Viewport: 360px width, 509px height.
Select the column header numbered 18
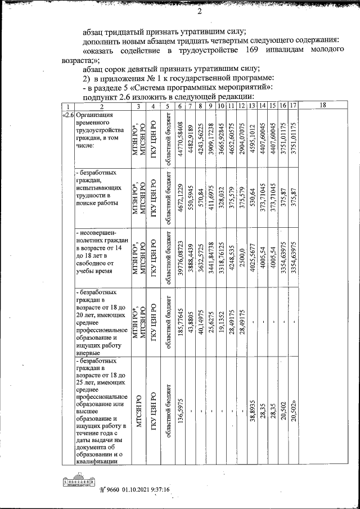coord(322,105)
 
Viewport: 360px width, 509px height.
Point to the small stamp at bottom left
coord(78,483)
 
